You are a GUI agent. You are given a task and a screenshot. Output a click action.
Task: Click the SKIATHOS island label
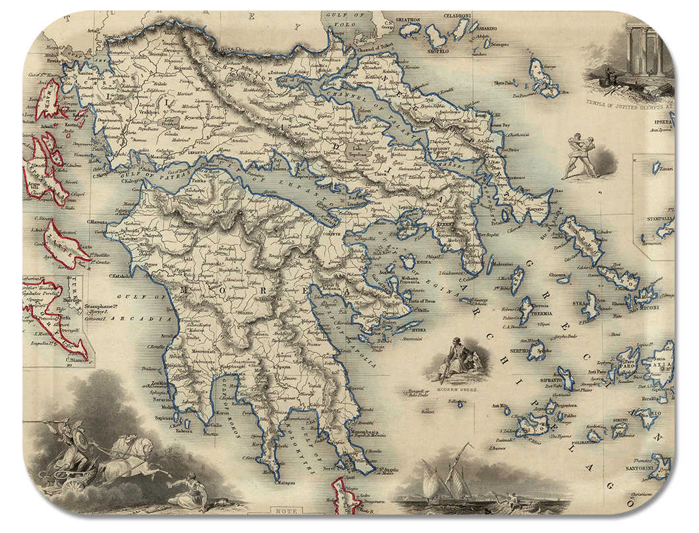coord(408,20)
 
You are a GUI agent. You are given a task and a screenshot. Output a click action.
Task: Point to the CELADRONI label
coord(457,15)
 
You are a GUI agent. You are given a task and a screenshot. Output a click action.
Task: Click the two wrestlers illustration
coord(580,157)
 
